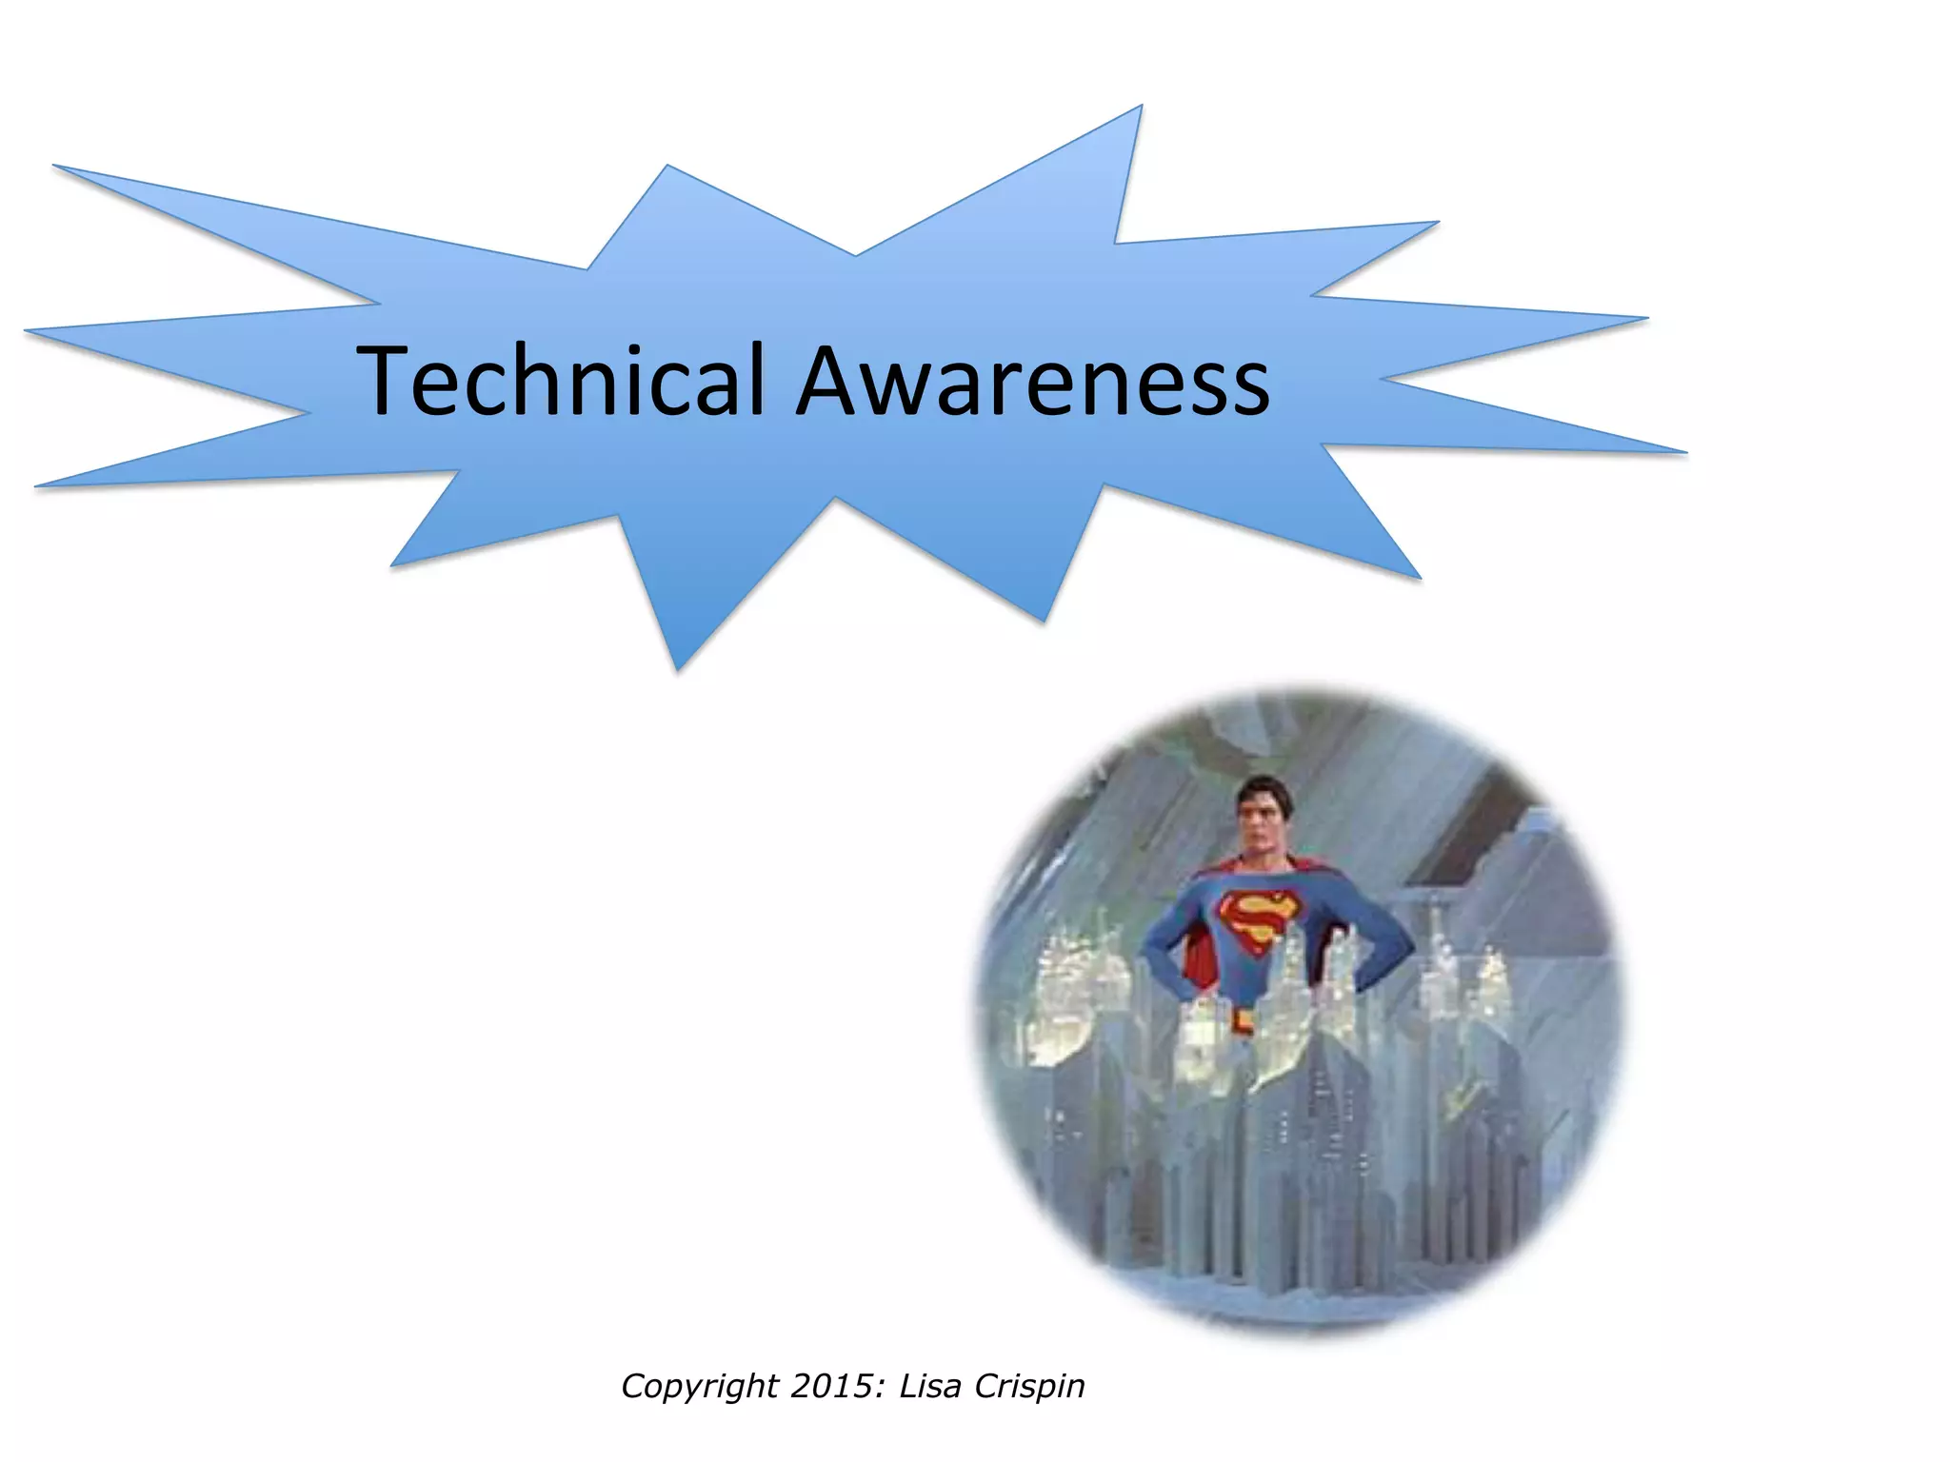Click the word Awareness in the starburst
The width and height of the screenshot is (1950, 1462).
[x=1033, y=381]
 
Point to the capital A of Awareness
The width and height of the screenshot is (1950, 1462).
[x=830, y=381]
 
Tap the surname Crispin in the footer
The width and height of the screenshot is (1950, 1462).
[x=1030, y=1387]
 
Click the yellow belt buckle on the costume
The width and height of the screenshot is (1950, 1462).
[x=1244, y=1022]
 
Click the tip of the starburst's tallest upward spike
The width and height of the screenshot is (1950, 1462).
[x=1141, y=107]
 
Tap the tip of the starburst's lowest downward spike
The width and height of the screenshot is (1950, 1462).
[x=678, y=671]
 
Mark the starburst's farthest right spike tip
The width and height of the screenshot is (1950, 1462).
[x=1685, y=452]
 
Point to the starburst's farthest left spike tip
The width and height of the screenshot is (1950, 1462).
[x=25, y=330]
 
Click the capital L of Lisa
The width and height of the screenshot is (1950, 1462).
[x=907, y=1386]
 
